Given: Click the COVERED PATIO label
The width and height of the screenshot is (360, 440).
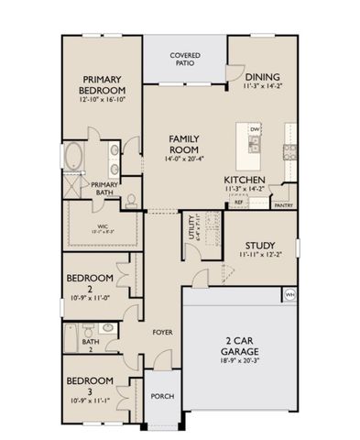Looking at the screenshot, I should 186,60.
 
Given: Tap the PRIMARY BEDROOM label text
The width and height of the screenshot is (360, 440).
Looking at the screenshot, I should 102,84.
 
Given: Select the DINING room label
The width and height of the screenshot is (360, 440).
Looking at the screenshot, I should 262,77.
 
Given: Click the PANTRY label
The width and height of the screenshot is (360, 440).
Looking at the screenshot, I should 284,205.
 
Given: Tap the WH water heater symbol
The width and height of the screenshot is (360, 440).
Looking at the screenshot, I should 289,293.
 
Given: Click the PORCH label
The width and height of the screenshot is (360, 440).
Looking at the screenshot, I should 164,397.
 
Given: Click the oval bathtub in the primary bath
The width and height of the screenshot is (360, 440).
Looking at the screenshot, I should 73,157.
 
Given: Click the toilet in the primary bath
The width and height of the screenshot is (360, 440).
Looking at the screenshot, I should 131,199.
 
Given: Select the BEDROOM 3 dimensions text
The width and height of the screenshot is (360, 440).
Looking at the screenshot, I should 89,401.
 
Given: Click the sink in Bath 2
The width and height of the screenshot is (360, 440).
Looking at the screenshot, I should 108,327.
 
